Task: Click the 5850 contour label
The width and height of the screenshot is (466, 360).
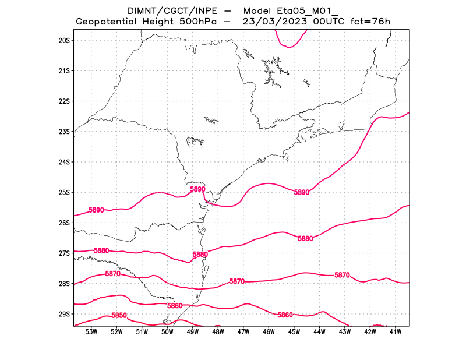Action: point(119,315)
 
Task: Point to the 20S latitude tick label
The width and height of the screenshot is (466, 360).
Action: point(64,40)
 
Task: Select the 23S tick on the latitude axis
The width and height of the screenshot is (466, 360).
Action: point(64,132)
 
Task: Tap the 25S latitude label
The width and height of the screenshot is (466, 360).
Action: point(64,192)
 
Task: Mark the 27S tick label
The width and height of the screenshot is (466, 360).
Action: point(64,253)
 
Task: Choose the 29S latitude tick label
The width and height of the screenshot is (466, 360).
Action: point(64,314)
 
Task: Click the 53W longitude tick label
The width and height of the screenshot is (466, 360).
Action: point(91,332)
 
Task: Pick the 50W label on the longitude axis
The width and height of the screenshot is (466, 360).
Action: point(168,332)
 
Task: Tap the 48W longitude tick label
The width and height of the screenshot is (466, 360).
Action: point(218,332)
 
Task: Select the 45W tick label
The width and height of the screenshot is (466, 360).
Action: point(294,332)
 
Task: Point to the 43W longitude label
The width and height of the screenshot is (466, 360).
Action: point(345,332)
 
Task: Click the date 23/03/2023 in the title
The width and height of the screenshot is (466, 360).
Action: point(276,22)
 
